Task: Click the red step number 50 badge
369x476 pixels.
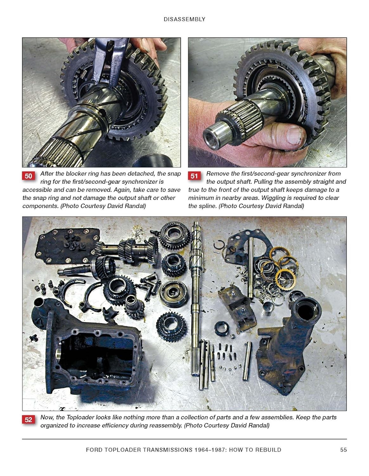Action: [x=29, y=176]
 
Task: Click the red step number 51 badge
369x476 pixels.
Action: [x=194, y=176]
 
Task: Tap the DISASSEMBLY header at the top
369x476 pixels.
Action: [x=184, y=19]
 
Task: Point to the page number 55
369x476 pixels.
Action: [x=343, y=450]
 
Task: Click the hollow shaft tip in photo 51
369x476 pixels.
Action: [x=212, y=138]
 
